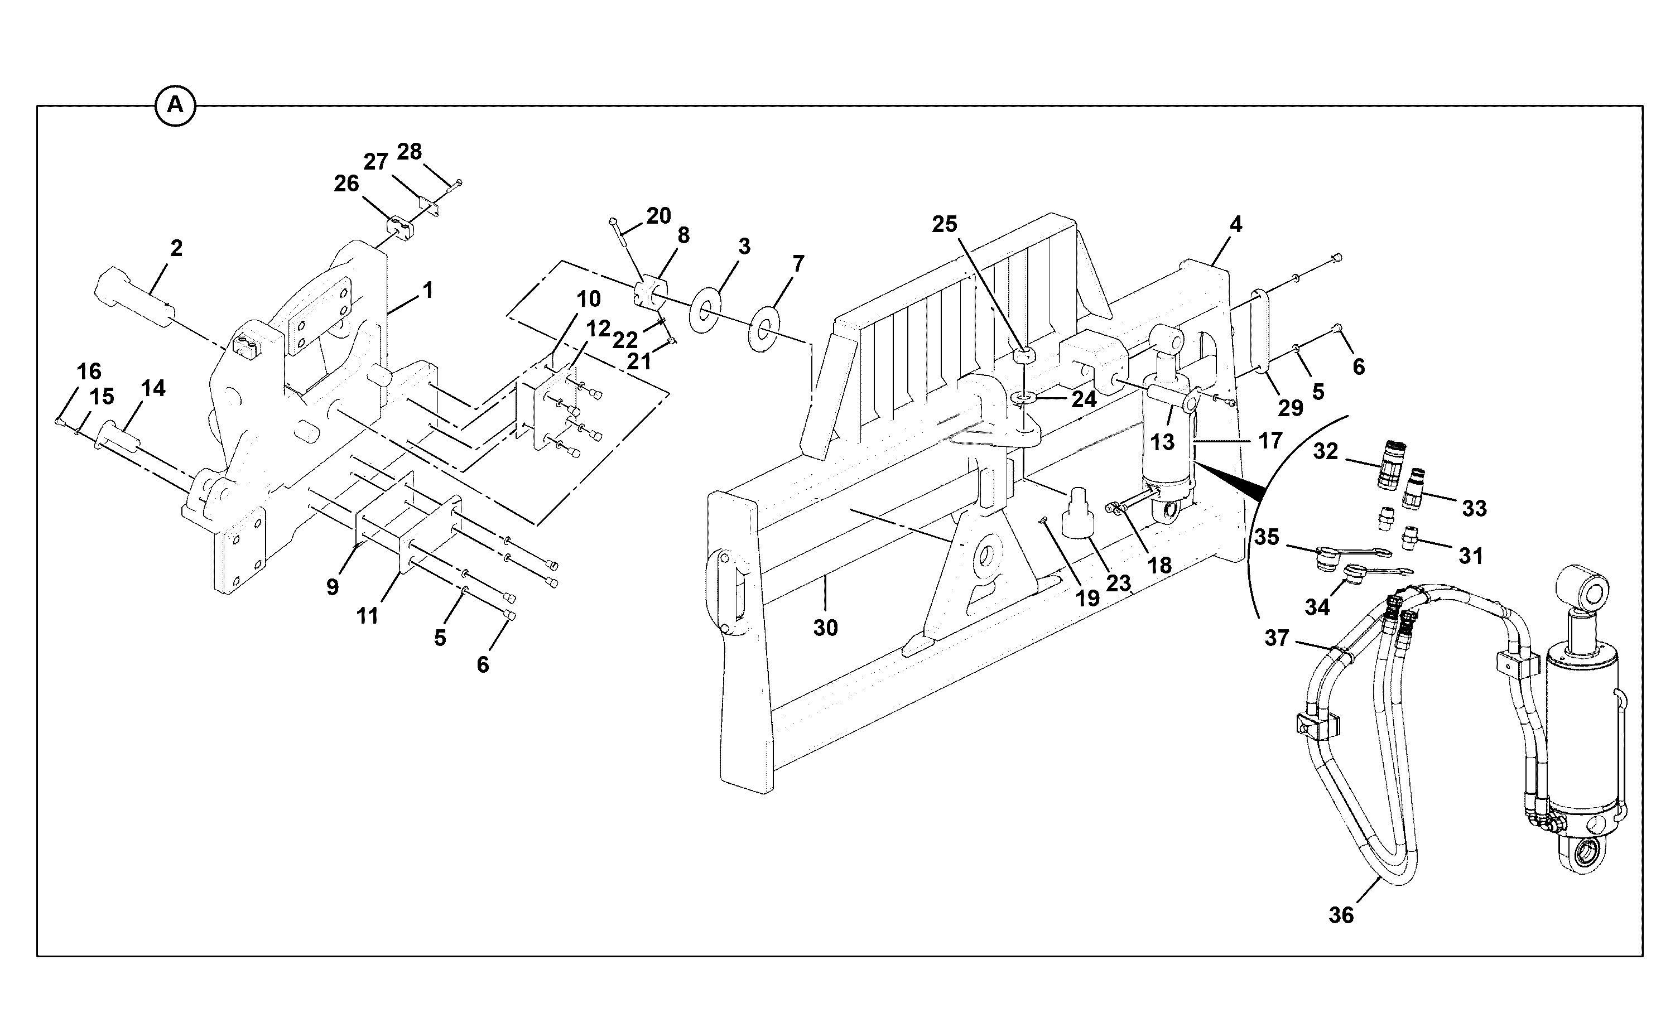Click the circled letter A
[x=175, y=106]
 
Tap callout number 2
[x=176, y=248]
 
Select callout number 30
[x=825, y=627]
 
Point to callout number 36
[x=1341, y=915]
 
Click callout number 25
[x=945, y=224]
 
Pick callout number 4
[x=1236, y=224]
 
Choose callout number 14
[x=153, y=388]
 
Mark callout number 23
[x=1119, y=583]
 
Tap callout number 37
[x=1277, y=638]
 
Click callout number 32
[x=1326, y=451]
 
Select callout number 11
[x=367, y=616]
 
